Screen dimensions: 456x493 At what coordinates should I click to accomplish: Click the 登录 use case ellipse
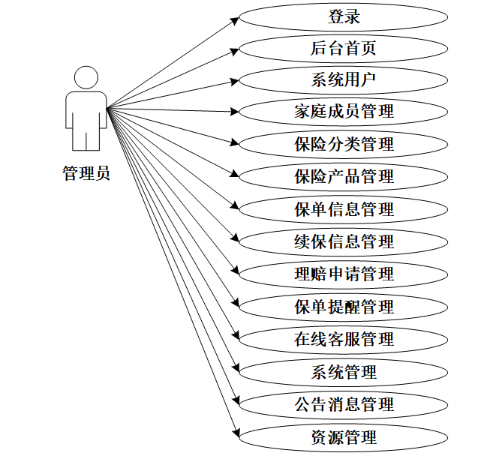(344, 16)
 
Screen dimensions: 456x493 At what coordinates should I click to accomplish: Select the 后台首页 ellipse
(344, 49)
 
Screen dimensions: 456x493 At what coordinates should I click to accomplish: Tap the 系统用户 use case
(344, 80)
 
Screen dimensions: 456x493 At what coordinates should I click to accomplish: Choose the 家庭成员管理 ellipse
(344, 112)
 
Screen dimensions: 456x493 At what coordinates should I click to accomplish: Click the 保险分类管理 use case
(344, 145)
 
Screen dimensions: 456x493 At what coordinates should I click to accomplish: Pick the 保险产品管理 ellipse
(344, 178)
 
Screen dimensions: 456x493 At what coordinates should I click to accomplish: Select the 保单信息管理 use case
(344, 210)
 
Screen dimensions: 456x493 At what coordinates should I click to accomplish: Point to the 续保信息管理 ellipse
(344, 242)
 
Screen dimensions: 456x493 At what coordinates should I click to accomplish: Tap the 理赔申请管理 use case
(344, 274)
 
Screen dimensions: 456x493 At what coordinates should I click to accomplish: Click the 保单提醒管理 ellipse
(344, 307)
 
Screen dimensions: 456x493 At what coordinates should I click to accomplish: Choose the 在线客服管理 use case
(344, 339)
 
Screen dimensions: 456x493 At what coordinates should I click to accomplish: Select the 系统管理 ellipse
(344, 372)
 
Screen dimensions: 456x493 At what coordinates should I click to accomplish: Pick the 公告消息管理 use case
(344, 404)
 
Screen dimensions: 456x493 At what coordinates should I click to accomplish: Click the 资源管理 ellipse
(344, 436)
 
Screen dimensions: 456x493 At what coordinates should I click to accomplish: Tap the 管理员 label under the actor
(86, 175)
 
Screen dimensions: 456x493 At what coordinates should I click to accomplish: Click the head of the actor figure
(86, 77)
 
